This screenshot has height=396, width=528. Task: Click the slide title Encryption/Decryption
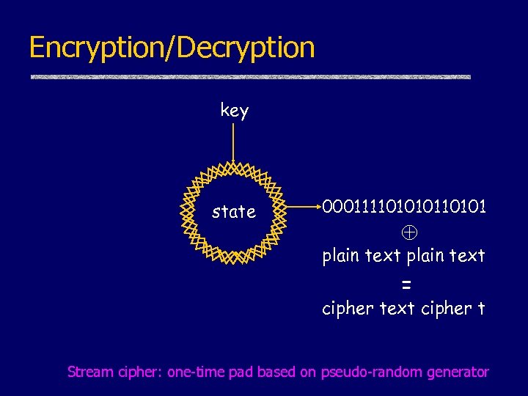pyautogui.click(x=172, y=48)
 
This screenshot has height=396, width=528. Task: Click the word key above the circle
pyautogui.click(x=234, y=111)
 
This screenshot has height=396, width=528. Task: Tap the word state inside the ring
pyautogui.click(x=234, y=212)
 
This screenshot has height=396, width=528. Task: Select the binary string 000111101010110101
pyautogui.click(x=403, y=207)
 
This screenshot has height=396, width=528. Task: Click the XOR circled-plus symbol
pyautogui.click(x=408, y=232)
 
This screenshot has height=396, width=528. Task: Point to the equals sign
pyautogui.click(x=406, y=284)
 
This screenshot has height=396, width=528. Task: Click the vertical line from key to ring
pyautogui.click(x=233, y=142)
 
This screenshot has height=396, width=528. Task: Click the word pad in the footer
pyautogui.click(x=241, y=372)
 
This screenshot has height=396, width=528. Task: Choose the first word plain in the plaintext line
pyautogui.click(x=341, y=255)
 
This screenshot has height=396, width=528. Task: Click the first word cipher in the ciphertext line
pyautogui.click(x=348, y=309)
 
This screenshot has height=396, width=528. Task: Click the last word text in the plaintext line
pyautogui.click(x=467, y=255)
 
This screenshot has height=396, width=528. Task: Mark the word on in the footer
pyautogui.click(x=308, y=372)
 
